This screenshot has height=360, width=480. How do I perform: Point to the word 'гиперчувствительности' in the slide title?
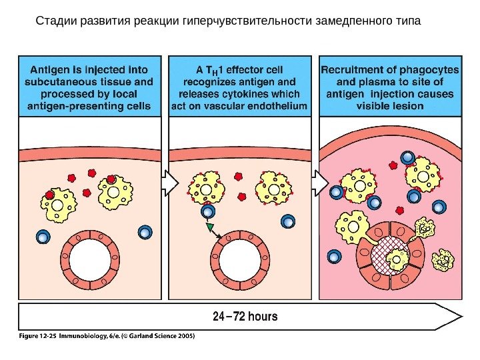245,21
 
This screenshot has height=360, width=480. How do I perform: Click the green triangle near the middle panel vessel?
211,227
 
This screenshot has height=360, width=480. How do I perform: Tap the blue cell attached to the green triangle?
207,213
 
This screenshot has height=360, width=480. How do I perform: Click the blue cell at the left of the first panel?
43,237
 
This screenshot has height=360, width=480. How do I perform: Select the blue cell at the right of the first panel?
145,233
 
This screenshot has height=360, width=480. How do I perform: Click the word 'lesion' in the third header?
407,106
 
